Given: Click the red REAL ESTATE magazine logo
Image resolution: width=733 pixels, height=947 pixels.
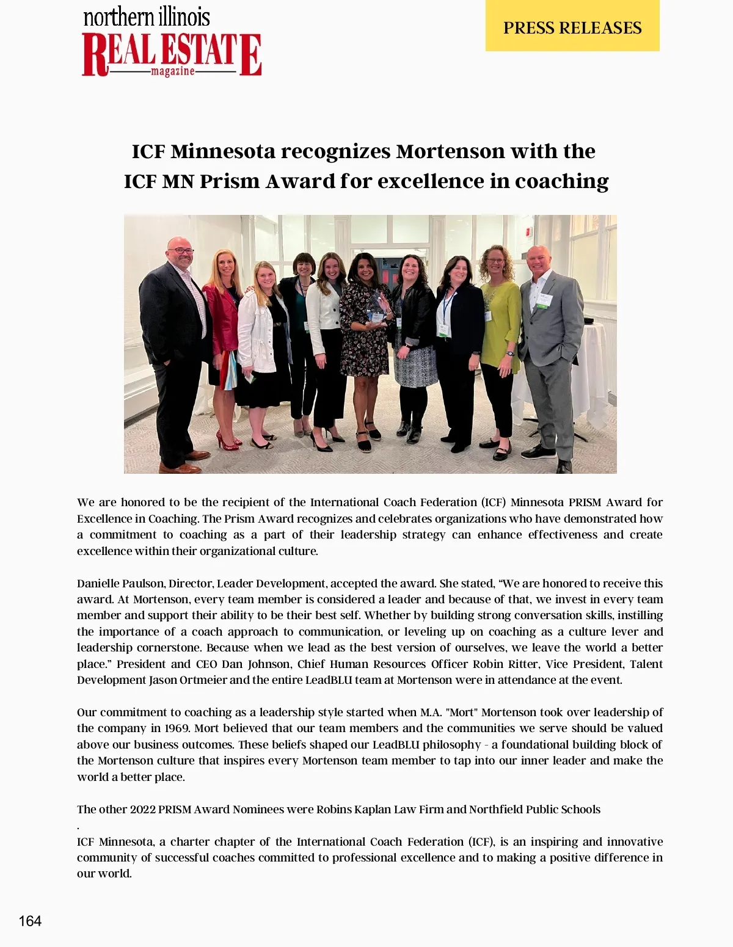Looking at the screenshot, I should pyautogui.click(x=172, y=55).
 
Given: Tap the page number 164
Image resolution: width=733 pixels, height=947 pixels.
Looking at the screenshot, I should pyautogui.click(x=30, y=921).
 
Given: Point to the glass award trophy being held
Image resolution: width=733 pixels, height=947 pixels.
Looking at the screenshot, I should pyautogui.click(x=376, y=308).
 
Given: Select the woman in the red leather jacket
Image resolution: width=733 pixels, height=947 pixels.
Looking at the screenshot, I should pyautogui.click(x=221, y=317).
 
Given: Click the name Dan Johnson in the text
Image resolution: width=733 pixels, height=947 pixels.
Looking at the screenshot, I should pyautogui.click(x=256, y=664).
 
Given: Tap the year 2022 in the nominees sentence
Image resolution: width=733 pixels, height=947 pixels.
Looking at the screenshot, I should pyautogui.click(x=142, y=810).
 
